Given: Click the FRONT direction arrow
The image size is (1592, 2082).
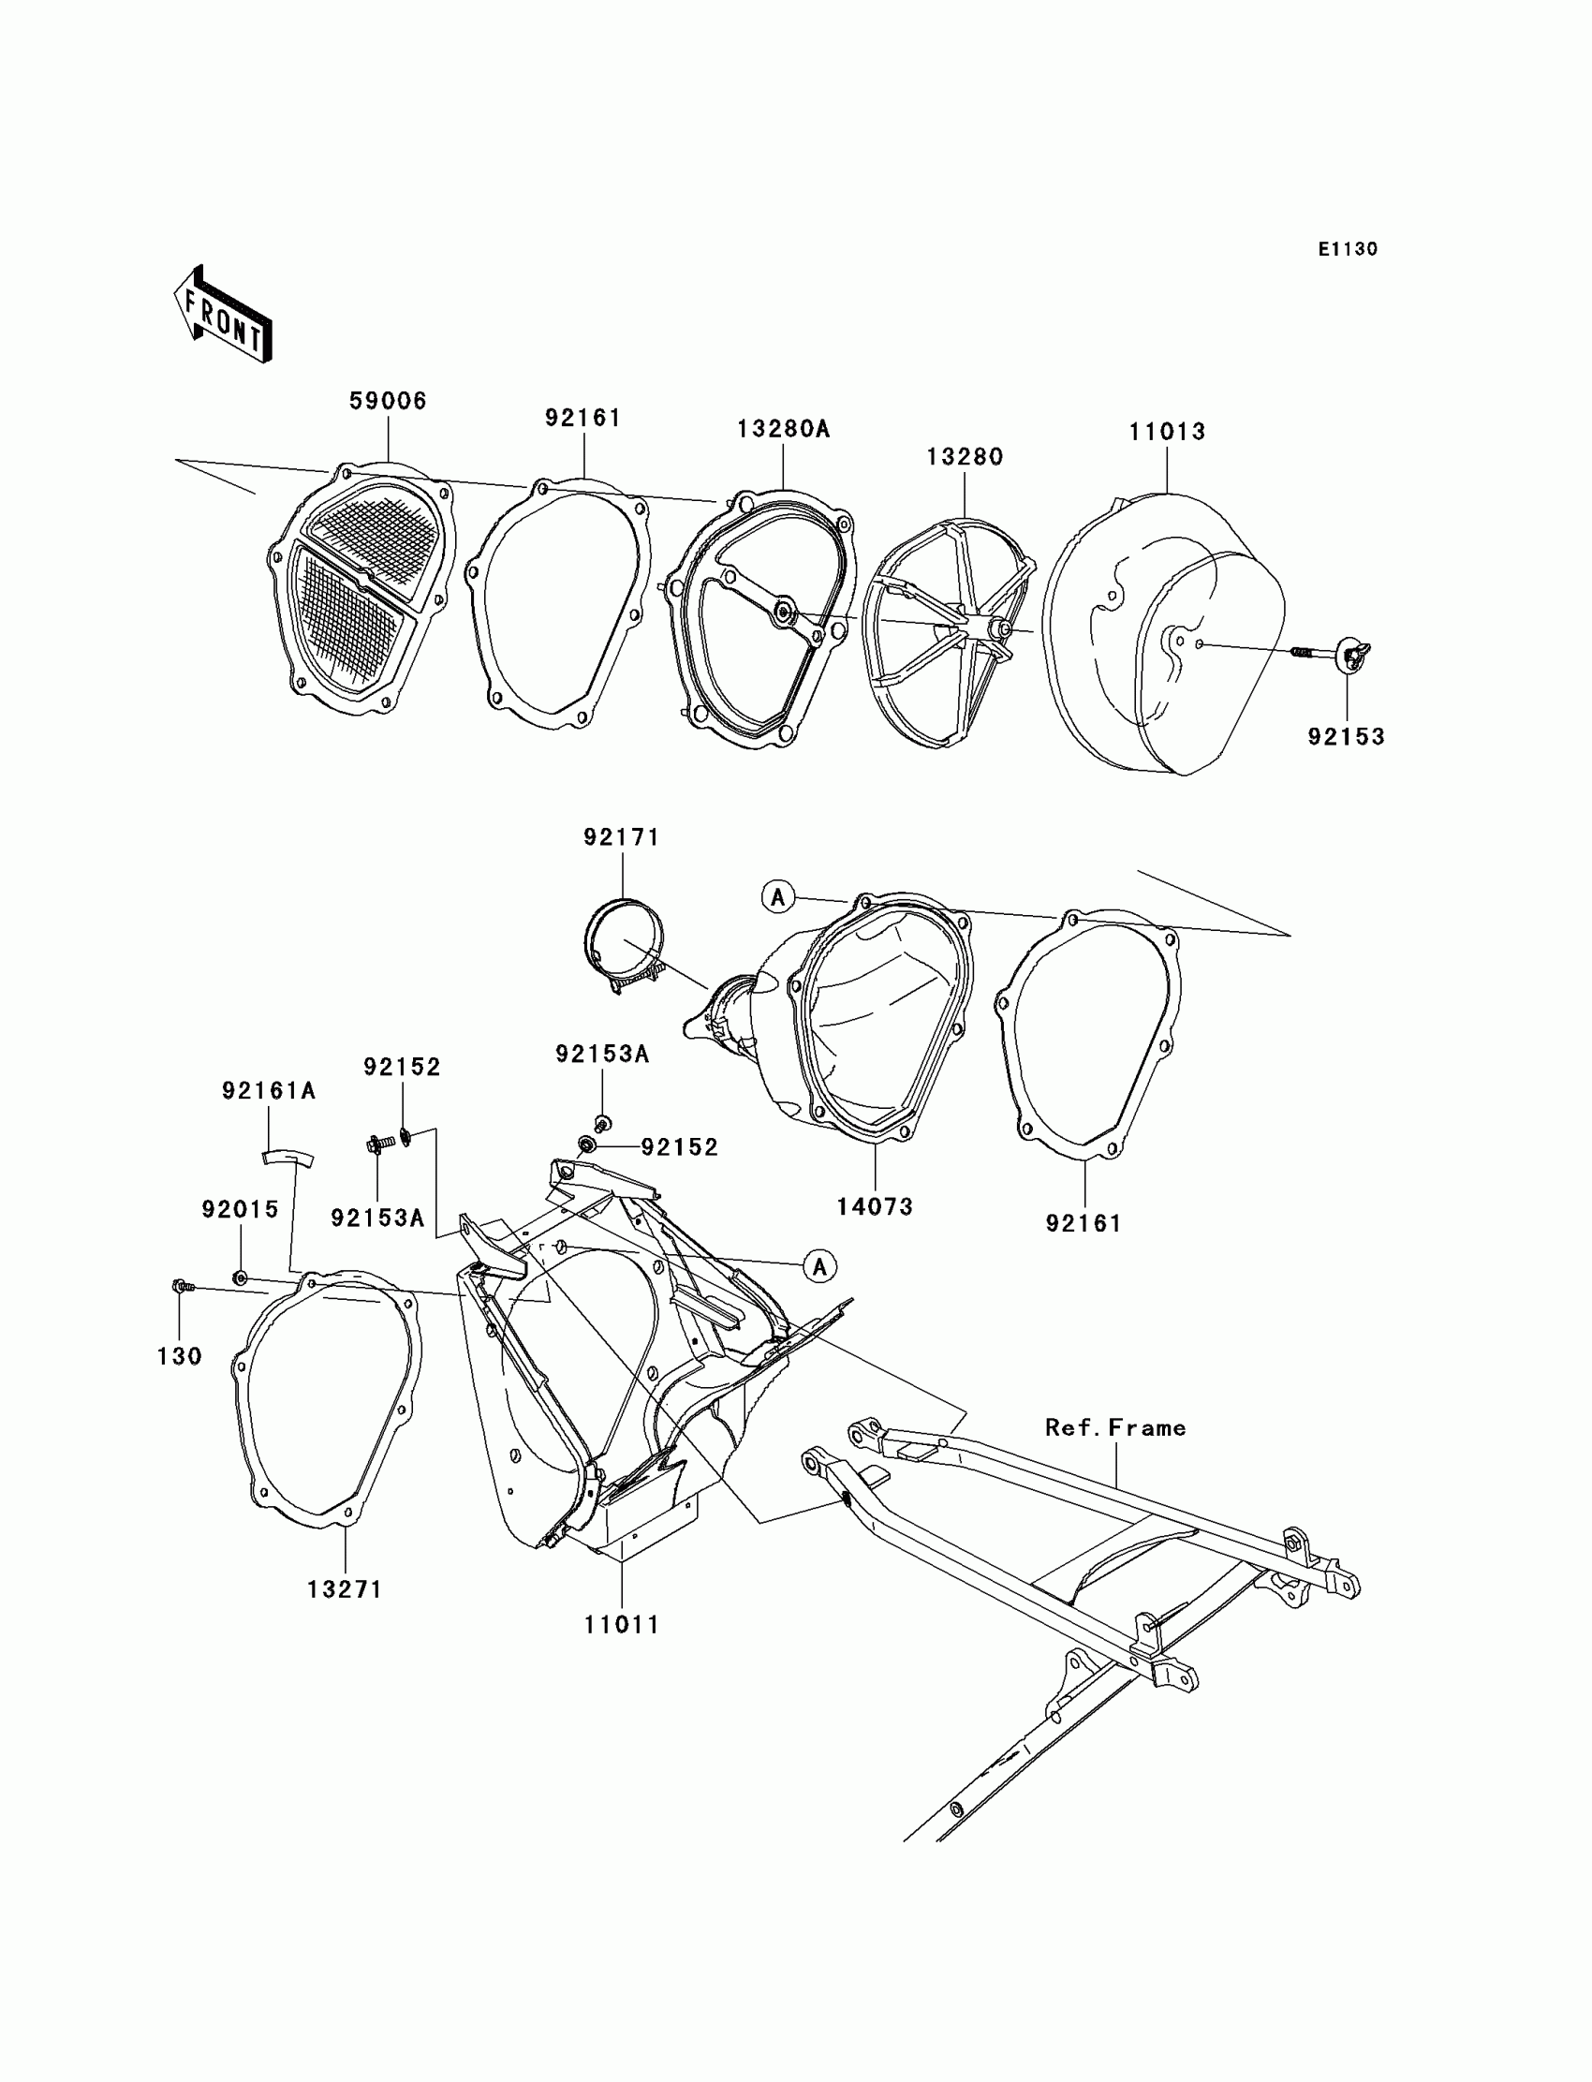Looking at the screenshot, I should (223, 316).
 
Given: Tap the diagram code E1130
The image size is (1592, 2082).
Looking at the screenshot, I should (1347, 249).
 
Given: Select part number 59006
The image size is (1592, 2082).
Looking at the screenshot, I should (388, 401).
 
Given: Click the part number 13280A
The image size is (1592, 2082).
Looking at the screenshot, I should (783, 429).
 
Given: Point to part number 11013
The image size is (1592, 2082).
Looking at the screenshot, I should (1167, 432).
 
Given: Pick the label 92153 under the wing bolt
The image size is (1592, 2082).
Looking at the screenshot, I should (1346, 736).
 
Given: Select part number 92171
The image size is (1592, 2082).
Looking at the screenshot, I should (621, 837).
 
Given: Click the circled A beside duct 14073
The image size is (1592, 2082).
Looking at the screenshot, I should (778, 895).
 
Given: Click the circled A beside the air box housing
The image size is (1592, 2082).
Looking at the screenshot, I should (819, 1266).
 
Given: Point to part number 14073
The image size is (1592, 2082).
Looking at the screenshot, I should (874, 1206).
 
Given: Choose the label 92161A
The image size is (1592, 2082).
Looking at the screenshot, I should (268, 1091).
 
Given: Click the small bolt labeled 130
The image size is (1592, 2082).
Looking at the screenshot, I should (180, 1286).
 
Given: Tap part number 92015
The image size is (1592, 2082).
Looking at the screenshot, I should (240, 1209).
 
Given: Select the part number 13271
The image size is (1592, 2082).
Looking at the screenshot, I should (344, 1589).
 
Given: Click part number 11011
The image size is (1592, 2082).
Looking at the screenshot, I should (621, 1624).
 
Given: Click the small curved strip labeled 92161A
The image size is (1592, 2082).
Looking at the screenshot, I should (287, 1157).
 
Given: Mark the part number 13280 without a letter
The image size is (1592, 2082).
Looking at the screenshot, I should (964, 457).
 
